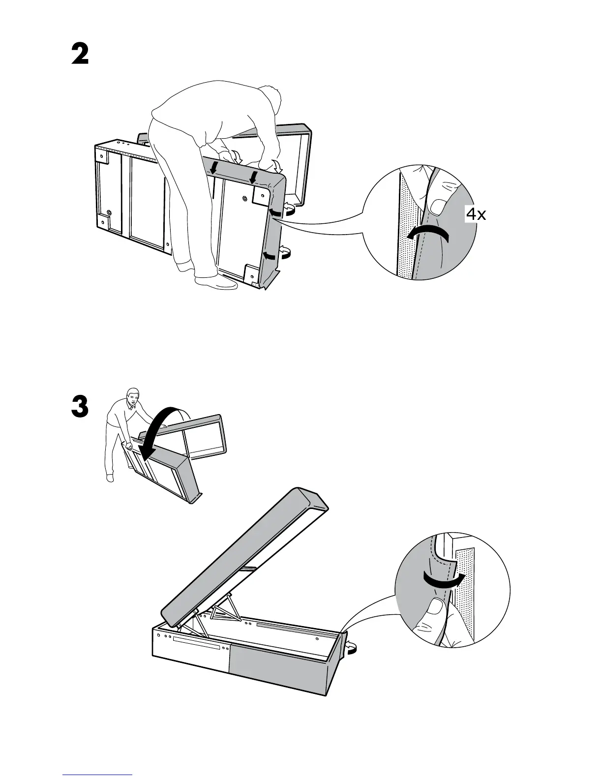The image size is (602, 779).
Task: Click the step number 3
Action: [x=80, y=408]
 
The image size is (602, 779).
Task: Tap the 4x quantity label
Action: [x=476, y=214]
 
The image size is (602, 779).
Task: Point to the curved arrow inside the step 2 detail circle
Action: [x=427, y=234]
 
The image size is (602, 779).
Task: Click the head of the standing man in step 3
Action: [x=132, y=396]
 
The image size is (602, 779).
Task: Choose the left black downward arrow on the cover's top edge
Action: [x=213, y=168]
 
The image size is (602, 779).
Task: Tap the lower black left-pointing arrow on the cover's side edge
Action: [x=268, y=255]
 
